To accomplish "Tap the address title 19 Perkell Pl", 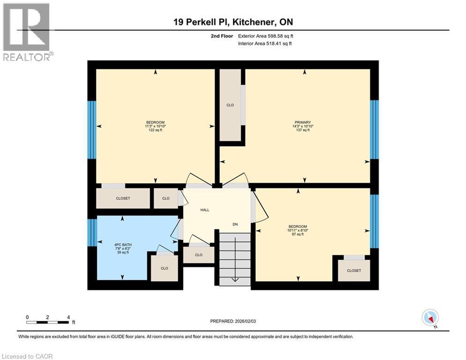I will pos(233,22).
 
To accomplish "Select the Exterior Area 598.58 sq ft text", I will pos(266,36).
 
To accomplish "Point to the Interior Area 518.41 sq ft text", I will pos(265,44).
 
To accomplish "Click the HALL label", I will pos(205,210).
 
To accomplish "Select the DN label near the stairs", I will pos(235,225).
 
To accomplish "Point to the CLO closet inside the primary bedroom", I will pos(230,105).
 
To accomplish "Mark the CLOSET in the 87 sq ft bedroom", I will pos(354,270).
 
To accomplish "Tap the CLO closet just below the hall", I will pos(199,255).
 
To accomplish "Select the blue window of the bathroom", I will pos(92,232).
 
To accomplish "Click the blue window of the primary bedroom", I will pos(374,129).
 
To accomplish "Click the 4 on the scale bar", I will pos(68,317).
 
